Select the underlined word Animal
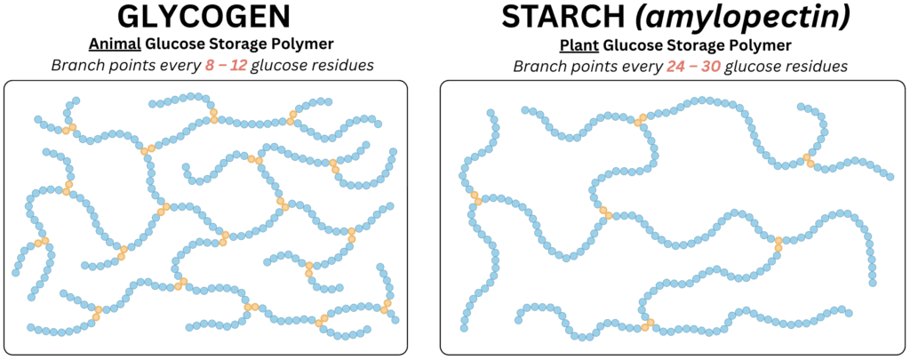click(x=107, y=44)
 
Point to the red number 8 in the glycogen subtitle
click(x=209, y=65)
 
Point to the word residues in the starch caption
click(x=822, y=67)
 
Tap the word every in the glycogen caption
click(x=184, y=66)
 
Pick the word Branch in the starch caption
click(x=532, y=67)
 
